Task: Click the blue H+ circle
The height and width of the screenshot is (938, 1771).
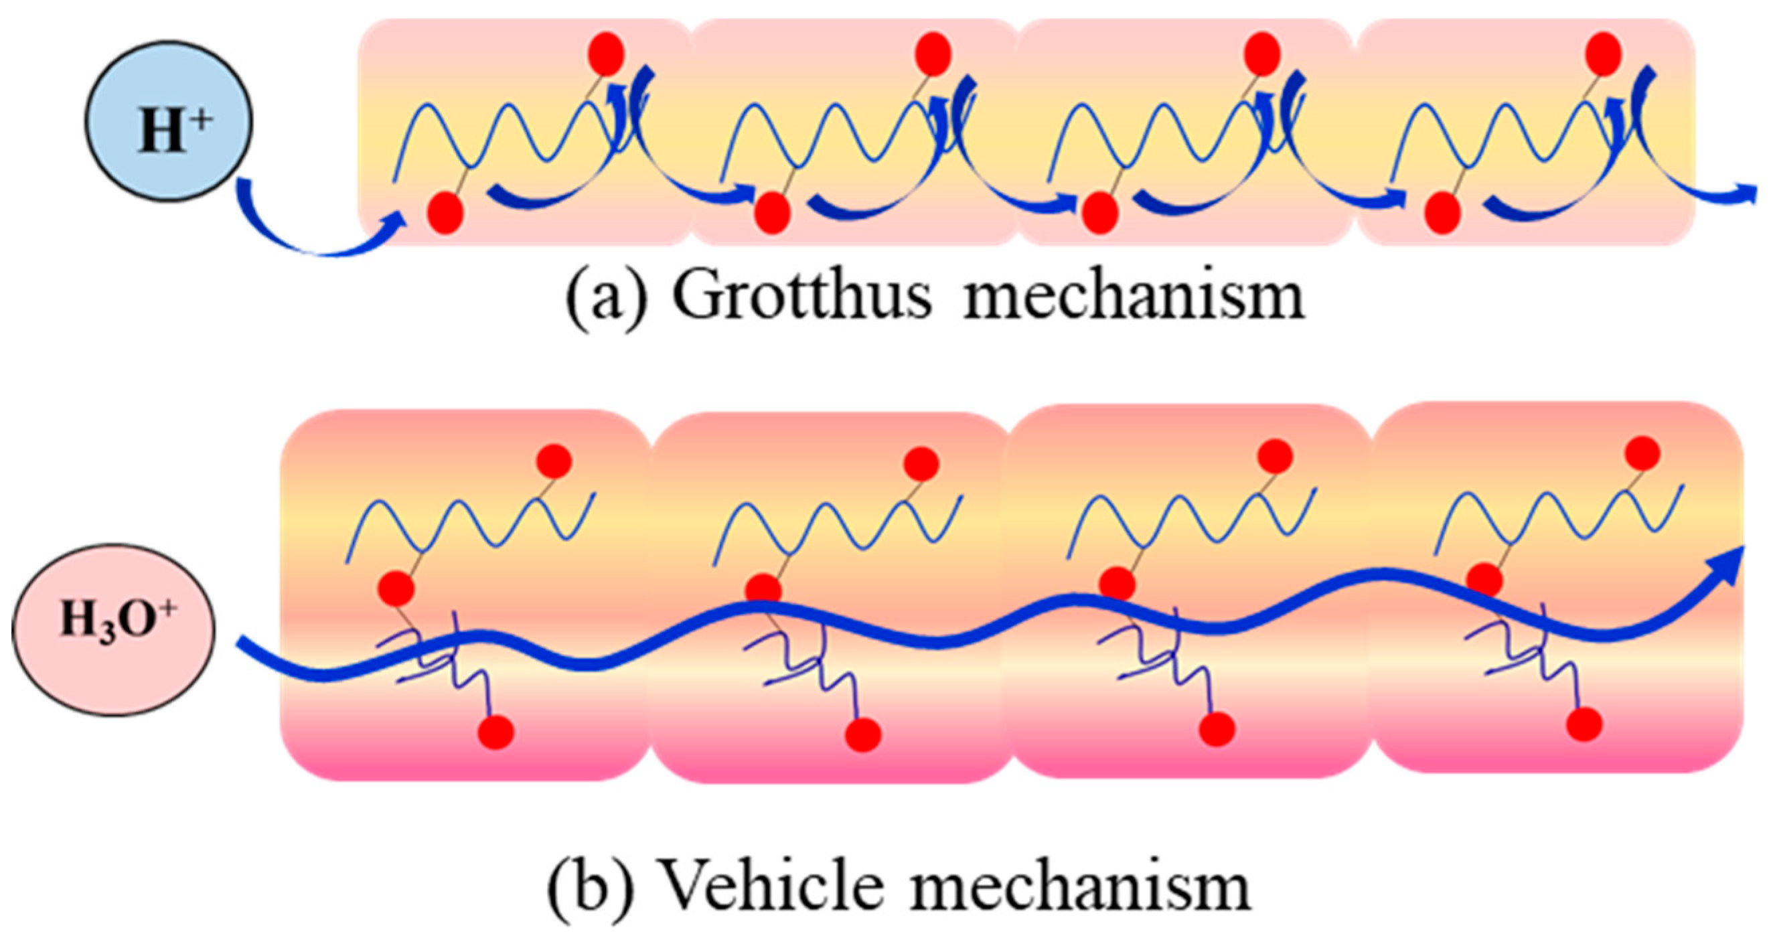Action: (x=169, y=122)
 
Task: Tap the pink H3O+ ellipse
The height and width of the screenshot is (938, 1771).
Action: (x=114, y=630)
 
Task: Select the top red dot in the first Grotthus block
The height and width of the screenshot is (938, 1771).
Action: (x=607, y=52)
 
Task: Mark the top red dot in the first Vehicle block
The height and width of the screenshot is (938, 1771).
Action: (x=554, y=462)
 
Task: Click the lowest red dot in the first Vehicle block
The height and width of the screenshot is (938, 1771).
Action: (x=496, y=732)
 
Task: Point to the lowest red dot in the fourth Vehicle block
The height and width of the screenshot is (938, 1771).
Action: (x=1585, y=725)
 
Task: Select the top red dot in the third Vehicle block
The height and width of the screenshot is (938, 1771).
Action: (x=1278, y=457)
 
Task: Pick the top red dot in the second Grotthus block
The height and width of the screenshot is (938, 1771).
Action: (x=933, y=52)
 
